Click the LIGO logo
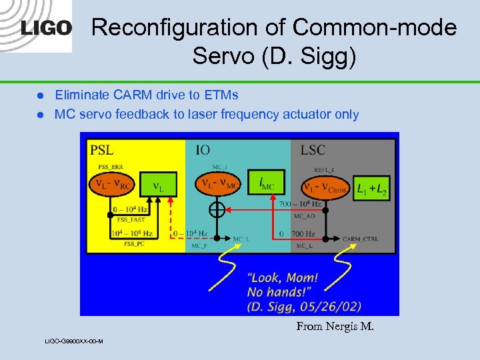click(46, 28)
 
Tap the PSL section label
click(102, 148)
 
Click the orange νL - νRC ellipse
click(112, 183)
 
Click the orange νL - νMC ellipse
click(217, 182)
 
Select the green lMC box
click(267, 182)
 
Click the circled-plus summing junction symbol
click(217, 211)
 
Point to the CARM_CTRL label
click(360, 239)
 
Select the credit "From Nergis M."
click(335, 326)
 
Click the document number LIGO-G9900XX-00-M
click(73, 341)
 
